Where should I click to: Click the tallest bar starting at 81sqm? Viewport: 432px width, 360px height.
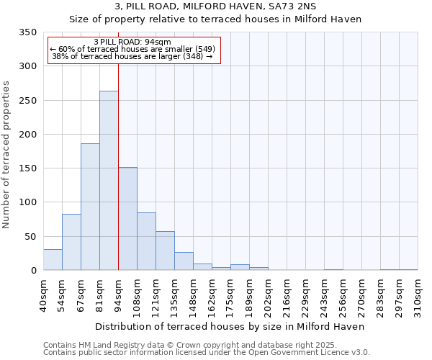(109, 180)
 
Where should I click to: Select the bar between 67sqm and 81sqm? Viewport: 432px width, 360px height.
(90, 207)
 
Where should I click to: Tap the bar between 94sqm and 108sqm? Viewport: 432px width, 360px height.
(127, 219)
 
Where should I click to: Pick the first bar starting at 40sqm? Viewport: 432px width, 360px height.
(53, 260)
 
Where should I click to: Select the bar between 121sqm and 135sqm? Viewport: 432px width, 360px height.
(165, 251)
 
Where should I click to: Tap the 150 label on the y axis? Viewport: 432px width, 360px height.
(27, 168)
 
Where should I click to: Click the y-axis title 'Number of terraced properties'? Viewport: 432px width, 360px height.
(6, 155)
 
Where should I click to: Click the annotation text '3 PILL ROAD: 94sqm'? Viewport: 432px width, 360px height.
(132, 42)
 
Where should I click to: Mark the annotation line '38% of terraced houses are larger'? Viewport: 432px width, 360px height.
(132, 56)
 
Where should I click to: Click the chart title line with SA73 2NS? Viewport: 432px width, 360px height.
(215, 6)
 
